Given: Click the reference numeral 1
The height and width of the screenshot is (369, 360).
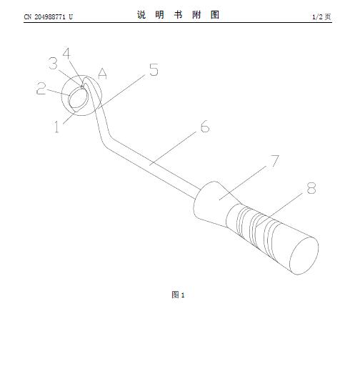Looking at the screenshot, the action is tap(56, 127).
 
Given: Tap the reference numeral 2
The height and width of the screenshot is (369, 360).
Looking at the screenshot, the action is tap(41, 88).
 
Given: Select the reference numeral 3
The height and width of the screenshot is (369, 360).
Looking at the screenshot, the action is tap(53, 64).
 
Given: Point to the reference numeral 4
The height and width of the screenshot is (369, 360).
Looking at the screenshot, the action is tap(67, 54).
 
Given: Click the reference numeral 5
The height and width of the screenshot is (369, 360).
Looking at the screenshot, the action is tap(154, 69).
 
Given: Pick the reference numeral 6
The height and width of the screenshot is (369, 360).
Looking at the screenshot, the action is tap(205, 127).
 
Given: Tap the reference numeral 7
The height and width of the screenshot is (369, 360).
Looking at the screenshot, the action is tap(275, 161).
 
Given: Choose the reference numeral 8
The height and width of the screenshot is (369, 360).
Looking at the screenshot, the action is tap(311, 188).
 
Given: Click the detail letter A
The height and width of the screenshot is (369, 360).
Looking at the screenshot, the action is tap(103, 74).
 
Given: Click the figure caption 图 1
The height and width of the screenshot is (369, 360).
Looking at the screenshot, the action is tap(178, 295).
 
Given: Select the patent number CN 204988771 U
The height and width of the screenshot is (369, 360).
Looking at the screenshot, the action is tap(49, 17).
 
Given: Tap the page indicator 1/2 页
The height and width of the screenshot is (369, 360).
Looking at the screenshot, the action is tap(321, 16).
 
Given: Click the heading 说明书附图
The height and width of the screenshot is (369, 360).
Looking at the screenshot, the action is tap(178, 15).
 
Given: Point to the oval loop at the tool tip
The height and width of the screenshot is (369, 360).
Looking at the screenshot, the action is tap(69, 99).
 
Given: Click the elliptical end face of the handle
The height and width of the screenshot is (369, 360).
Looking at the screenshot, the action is tap(304, 255).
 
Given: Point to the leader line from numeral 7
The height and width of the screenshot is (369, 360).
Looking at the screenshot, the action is tap(243, 182).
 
